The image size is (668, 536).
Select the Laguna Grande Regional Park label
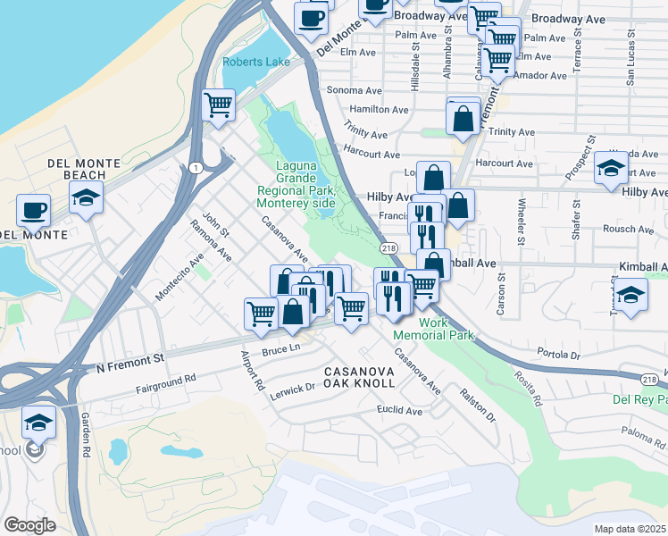tap(296, 184)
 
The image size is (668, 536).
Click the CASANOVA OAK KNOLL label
tap(358, 376)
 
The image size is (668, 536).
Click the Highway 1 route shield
tap(194, 167)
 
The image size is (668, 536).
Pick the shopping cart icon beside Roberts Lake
tap(218, 105)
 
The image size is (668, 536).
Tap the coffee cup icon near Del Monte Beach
tap(33, 210)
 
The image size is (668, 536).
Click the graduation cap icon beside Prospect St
tap(611, 168)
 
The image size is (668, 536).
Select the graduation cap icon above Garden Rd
tap(38, 421)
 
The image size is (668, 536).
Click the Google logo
tap(29, 525)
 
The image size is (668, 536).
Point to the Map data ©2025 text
tap(630, 529)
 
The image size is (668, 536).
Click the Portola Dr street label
tap(560, 355)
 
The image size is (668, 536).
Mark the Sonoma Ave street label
tap(355, 90)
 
